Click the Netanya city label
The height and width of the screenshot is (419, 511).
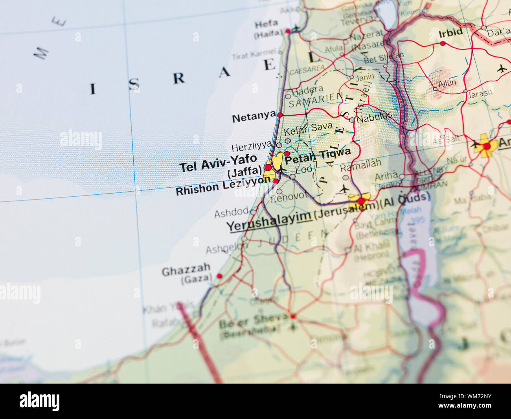pos(254,117)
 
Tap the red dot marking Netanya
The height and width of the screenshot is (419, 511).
pos(280,115)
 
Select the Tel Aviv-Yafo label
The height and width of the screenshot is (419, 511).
pos(218,163)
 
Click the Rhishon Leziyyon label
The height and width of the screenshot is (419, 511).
pos(223,186)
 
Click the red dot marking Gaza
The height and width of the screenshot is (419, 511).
pos(219,276)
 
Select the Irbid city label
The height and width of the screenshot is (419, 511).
pos(450,33)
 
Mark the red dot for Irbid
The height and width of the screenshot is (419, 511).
pos(443,43)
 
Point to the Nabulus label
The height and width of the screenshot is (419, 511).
pos(374,117)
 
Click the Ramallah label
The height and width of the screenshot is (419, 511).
pos(360,165)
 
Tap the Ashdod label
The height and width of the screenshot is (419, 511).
pos(231,213)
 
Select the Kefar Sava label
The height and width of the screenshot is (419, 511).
pos(308,129)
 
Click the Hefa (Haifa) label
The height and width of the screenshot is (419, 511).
pos(267,29)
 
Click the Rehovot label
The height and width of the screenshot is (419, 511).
pos(289,197)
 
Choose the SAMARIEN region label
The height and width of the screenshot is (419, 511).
pos(316,100)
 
